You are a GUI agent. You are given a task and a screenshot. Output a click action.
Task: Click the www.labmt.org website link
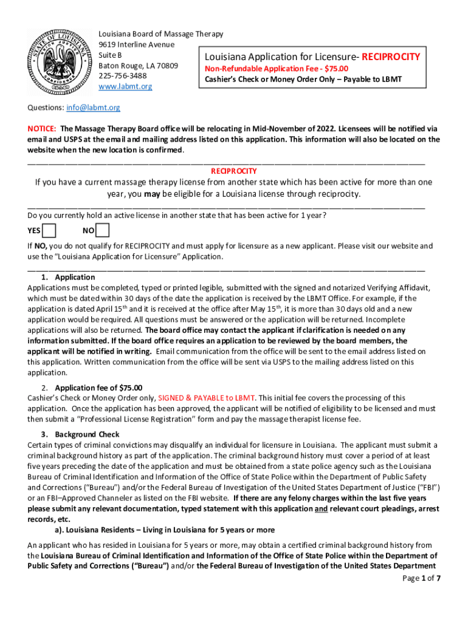click(125, 87)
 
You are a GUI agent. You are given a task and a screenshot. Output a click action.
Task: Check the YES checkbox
click(49, 231)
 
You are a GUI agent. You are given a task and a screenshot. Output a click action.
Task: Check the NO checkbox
click(103, 231)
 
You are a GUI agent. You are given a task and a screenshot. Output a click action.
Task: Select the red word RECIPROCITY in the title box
click(391, 57)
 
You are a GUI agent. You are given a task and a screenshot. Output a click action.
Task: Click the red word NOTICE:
click(42, 129)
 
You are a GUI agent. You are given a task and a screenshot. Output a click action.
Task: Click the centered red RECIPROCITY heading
click(233, 171)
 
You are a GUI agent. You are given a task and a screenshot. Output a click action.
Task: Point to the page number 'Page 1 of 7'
click(421, 578)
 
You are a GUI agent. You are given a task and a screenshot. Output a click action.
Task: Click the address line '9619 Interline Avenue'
click(136, 45)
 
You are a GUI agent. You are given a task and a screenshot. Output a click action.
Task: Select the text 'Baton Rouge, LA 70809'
click(138, 66)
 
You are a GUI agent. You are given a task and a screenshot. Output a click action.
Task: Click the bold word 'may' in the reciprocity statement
click(153, 194)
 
